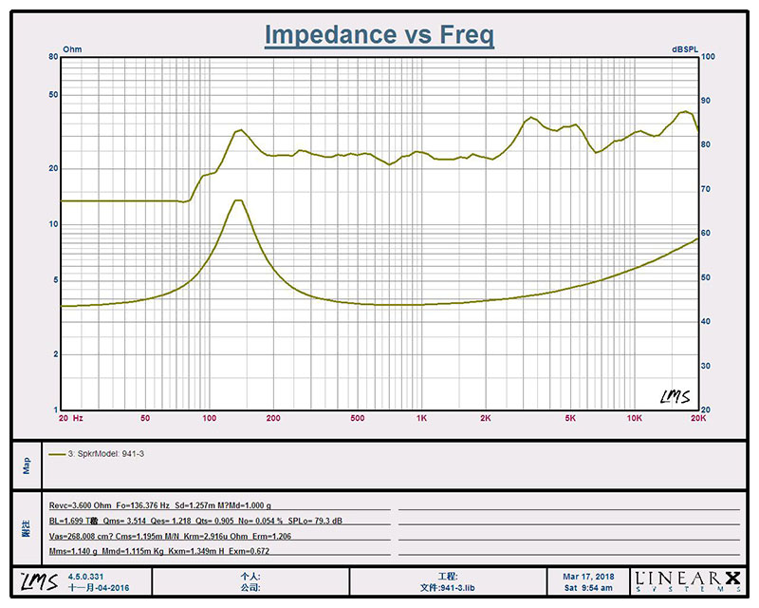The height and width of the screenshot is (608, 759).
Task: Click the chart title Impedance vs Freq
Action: (x=379, y=35)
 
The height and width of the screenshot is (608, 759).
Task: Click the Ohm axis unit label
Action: (x=72, y=48)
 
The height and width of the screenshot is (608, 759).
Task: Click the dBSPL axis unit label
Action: (x=683, y=48)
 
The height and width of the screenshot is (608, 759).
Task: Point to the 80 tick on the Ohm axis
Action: (x=54, y=57)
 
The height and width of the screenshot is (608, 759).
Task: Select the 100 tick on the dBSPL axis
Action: (x=708, y=57)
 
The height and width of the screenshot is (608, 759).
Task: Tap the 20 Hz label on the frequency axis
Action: (x=71, y=418)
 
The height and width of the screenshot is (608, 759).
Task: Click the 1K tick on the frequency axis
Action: (x=420, y=418)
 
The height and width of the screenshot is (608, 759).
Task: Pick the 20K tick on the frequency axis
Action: (x=698, y=418)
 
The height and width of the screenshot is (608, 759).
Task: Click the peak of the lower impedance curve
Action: (x=238, y=200)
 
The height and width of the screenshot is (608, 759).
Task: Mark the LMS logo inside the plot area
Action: (x=675, y=396)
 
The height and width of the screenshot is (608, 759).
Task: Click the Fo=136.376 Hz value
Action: (x=146, y=506)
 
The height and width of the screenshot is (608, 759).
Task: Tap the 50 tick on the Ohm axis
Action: (x=54, y=95)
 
